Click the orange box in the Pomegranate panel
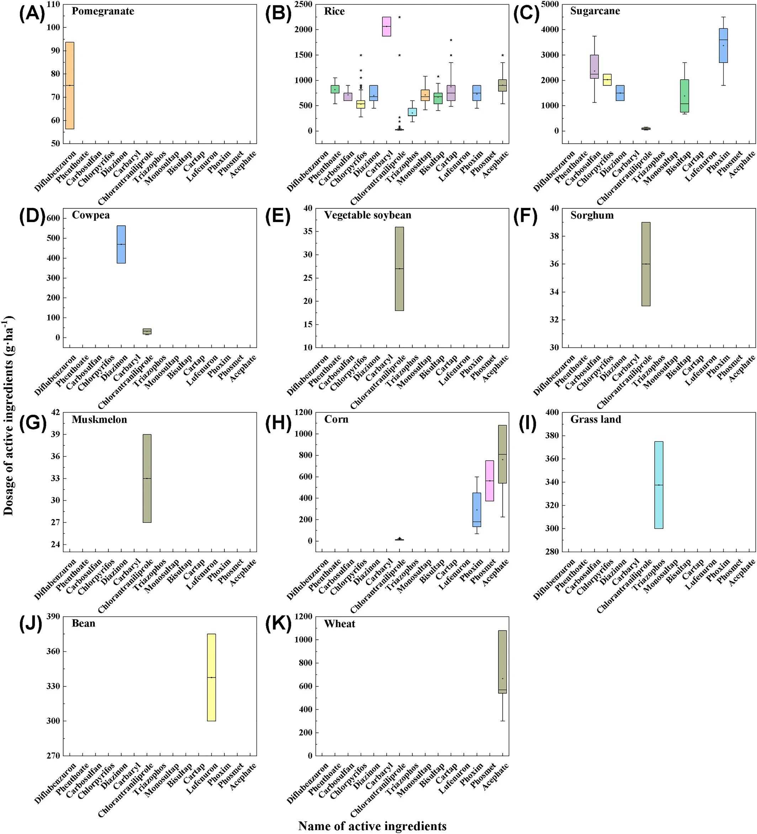click(x=70, y=86)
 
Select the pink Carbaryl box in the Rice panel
click(x=386, y=27)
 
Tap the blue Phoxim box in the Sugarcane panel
click(x=724, y=45)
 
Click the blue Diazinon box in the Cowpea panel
click(x=121, y=244)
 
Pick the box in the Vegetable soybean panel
click(x=399, y=269)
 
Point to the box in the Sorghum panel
click(x=646, y=264)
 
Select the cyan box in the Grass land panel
click(x=658, y=485)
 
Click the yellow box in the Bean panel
click(x=211, y=677)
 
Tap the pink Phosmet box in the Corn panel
click(x=489, y=481)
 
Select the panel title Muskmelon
click(x=99, y=419)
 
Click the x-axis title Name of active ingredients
click(x=372, y=826)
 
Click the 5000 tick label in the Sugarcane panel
click(x=550, y=5)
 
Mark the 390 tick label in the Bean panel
click(x=53, y=617)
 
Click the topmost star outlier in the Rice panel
click(x=399, y=17)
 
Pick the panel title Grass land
click(x=595, y=419)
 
